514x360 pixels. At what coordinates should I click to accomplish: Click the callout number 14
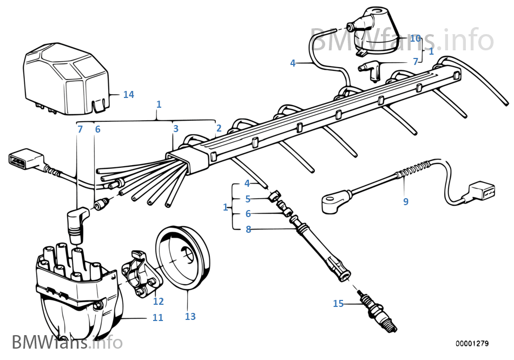click(129, 94)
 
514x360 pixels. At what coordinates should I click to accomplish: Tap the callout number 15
click(338, 304)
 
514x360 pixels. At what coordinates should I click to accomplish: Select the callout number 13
click(190, 316)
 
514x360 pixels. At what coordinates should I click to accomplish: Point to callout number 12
click(159, 301)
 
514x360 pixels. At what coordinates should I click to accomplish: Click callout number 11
click(157, 317)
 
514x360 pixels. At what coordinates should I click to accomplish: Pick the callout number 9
click(406, 201)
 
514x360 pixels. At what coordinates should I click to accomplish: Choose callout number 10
click(416, 38)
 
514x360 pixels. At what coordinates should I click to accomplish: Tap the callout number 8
click(248, 229)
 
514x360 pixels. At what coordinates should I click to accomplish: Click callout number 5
click(248, 199)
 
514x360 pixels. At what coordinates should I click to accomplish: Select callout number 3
click(176, 128)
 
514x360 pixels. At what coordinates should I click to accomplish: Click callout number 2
click(219, 128)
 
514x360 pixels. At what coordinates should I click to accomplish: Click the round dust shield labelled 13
click(182, 258)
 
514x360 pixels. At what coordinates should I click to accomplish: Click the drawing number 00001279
click(472, 343)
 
